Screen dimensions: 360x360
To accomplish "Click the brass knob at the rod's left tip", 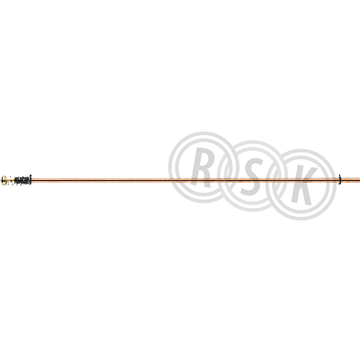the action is (x=4, y=180).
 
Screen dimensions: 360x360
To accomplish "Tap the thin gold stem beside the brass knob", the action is (x=11, y=180).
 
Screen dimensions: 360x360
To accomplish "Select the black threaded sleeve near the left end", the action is (x=22, y=180).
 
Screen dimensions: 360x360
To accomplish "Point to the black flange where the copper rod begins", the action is (x=31, y=180).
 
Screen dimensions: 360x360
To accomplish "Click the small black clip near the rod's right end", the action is (x=340, y=179).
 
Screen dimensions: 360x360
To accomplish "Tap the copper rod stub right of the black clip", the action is (x=351, y=179).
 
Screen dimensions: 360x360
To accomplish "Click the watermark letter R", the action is (x=202, y=167).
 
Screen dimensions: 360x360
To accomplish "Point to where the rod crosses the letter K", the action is (x=297, y=180).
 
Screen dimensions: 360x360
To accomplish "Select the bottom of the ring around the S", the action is (x=252, y=208).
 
